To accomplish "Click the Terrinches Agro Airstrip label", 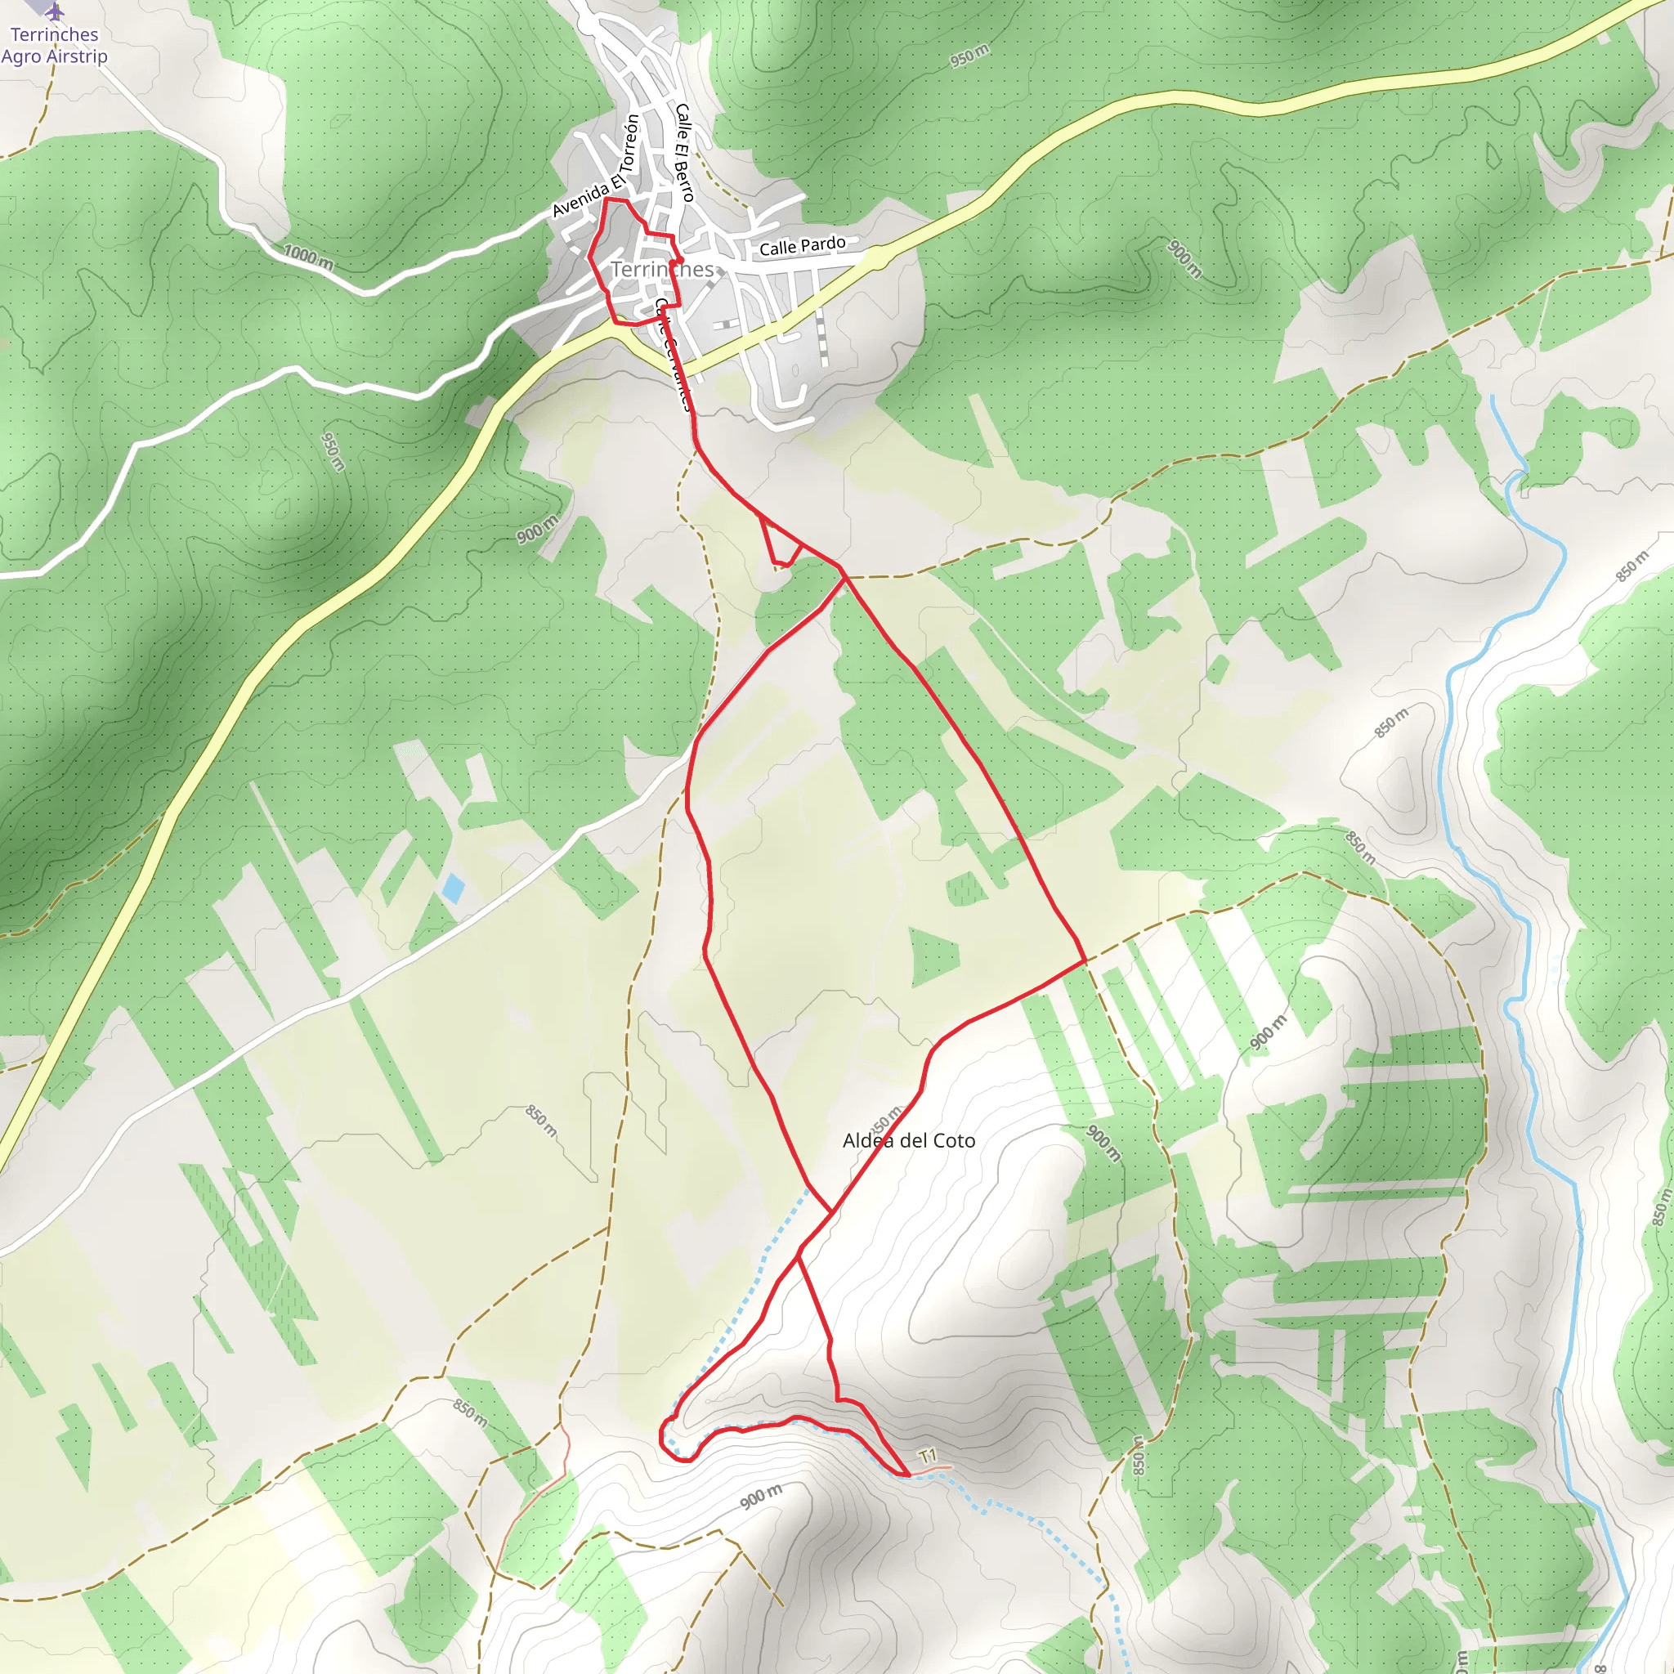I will coord(54,46).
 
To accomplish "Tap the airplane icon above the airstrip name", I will coord(55,12).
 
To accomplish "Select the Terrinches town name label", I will coord(663,270).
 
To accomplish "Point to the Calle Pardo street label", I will coord(803,246).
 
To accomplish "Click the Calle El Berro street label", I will coord(684,153).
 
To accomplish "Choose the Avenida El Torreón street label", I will coord(596,168).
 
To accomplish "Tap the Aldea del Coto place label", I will coord(909,1141).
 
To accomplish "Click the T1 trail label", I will coord(928,1456).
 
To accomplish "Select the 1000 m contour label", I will coord(308,257).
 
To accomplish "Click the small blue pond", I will coord(452,888).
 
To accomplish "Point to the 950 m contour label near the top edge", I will coord(969,56).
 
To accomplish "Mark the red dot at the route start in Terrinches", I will coord(679,260).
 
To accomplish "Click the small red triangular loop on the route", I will coord(779,543).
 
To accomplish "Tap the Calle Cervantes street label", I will coord(674,356).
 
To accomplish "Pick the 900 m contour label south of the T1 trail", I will coord(761,1496).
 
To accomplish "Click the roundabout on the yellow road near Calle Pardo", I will coord(876,257).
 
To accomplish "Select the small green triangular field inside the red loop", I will coord(935,956).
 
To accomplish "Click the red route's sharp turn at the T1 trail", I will coord(908,1474).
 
